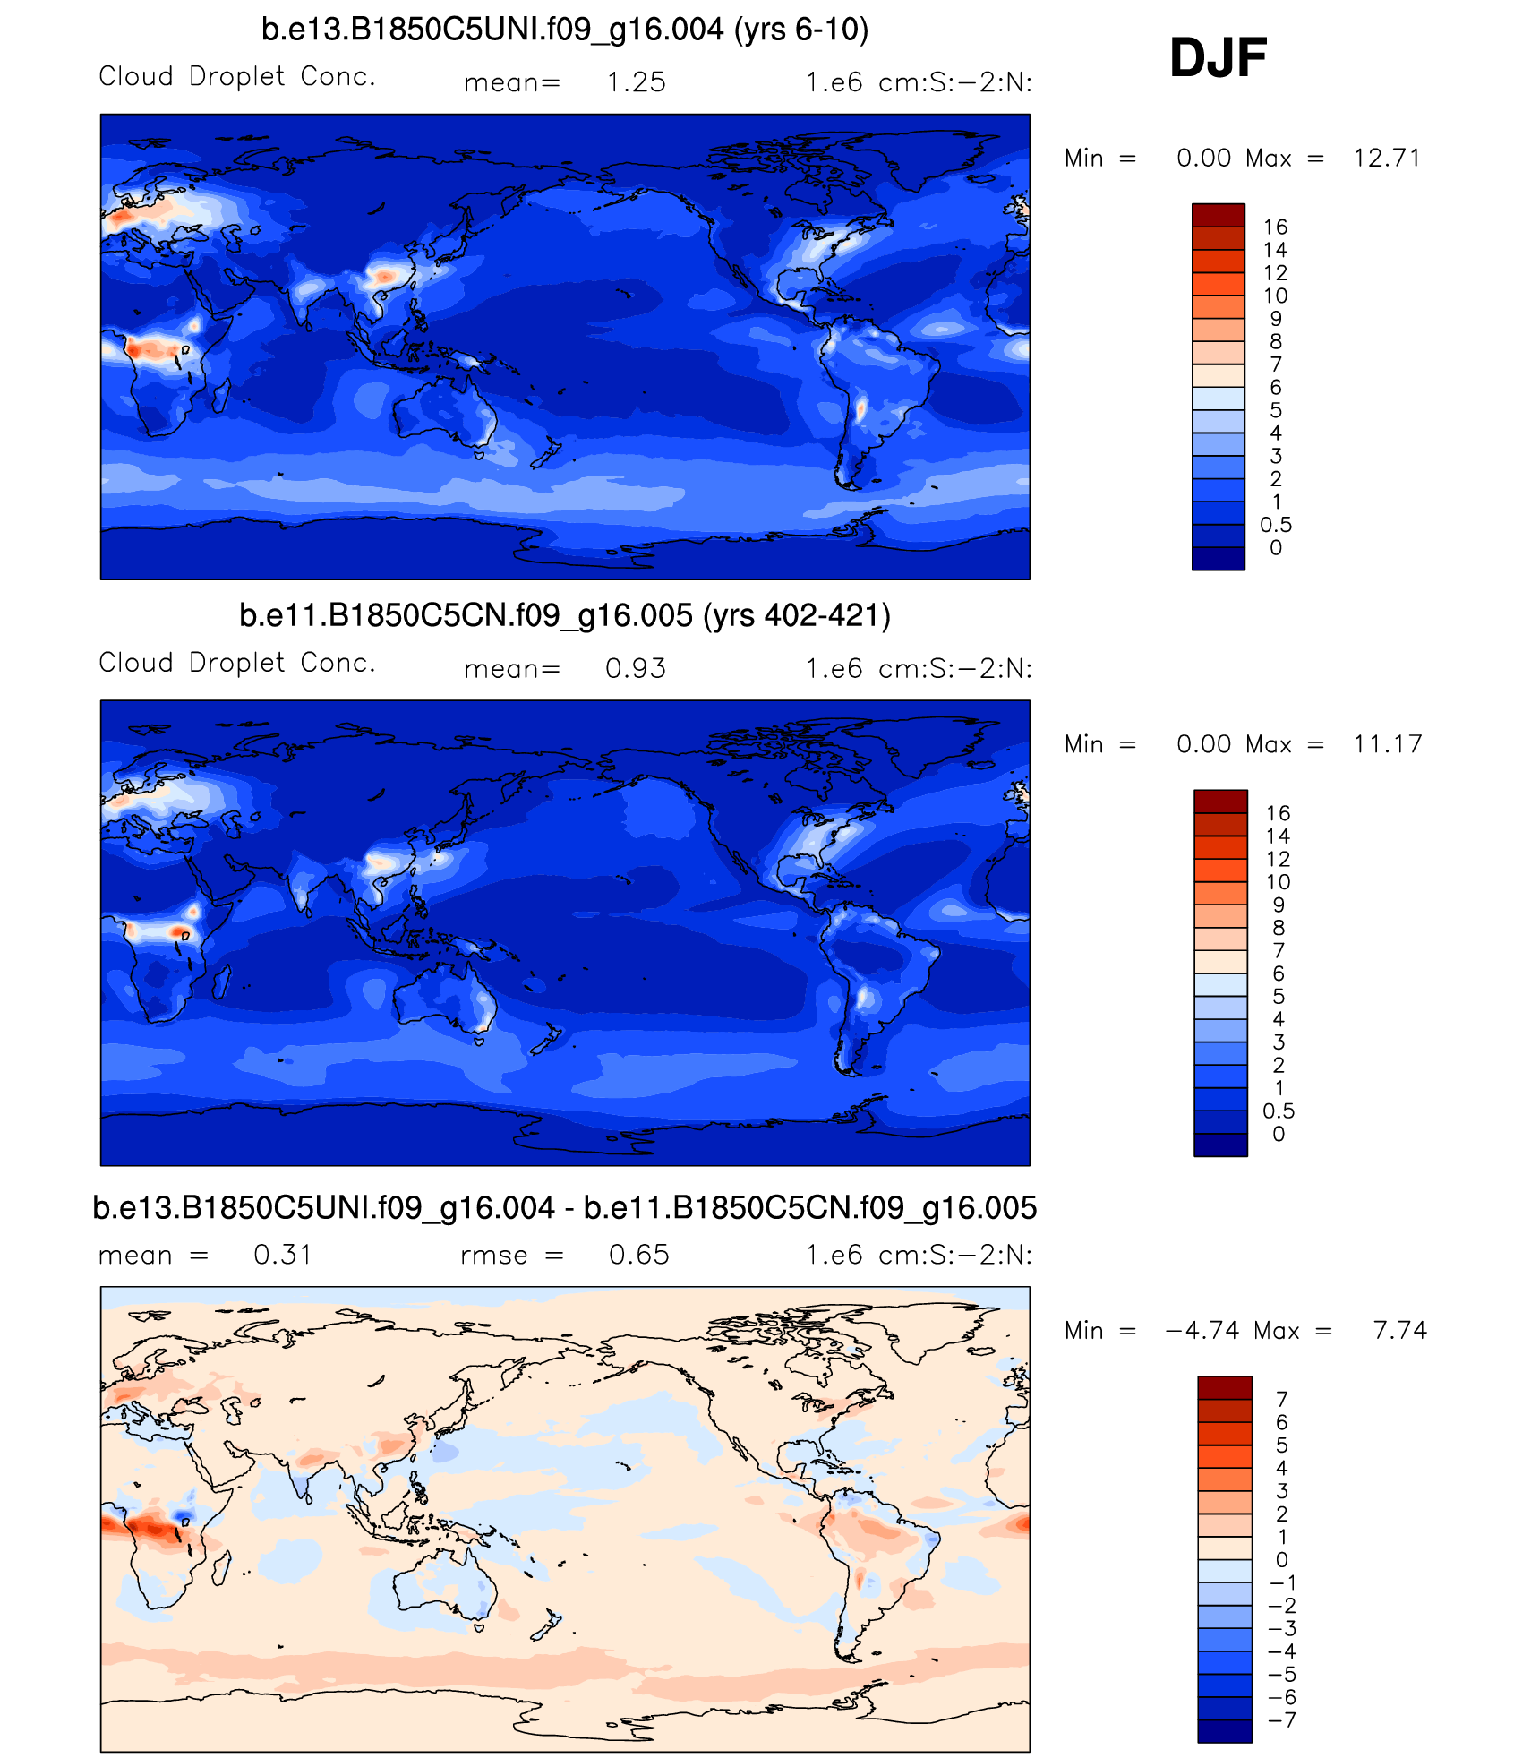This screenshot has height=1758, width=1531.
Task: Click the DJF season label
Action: [x=1218, y=58]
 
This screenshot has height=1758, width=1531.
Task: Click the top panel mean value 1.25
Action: [x=636, y=82]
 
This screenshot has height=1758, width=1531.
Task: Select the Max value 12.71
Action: [x=1387, y=159]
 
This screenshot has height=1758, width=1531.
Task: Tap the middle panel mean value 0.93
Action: [x=636, y=669]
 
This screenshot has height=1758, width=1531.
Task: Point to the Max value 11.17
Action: [x=1387, y=744]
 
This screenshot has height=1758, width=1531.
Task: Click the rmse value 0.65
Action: [x=638, y=1255]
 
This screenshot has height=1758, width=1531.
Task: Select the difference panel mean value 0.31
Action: [x=282, y=1255]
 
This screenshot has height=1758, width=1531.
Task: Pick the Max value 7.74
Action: [x=1399, y=1331]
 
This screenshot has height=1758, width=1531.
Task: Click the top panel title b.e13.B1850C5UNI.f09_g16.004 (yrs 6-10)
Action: [x=565, y=30]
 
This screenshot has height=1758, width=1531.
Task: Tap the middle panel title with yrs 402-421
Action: [x=565, y=616]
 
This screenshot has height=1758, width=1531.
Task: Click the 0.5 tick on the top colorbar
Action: [x=1275, y=525]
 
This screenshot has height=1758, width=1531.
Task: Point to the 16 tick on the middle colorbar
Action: [x=1278, y=813]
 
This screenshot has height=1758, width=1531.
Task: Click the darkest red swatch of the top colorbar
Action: [x=1218, y=215]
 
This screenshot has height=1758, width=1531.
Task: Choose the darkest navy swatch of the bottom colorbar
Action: [x=1224, y=1730]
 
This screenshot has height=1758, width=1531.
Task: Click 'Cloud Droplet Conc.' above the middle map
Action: [x=236, y=663]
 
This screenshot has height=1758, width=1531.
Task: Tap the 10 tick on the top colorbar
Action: [x=1275, y=296]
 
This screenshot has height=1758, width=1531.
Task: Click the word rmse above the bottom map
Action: [x=493, y=1256]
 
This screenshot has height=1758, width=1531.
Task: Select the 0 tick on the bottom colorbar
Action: [x=1281, y=1560]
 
